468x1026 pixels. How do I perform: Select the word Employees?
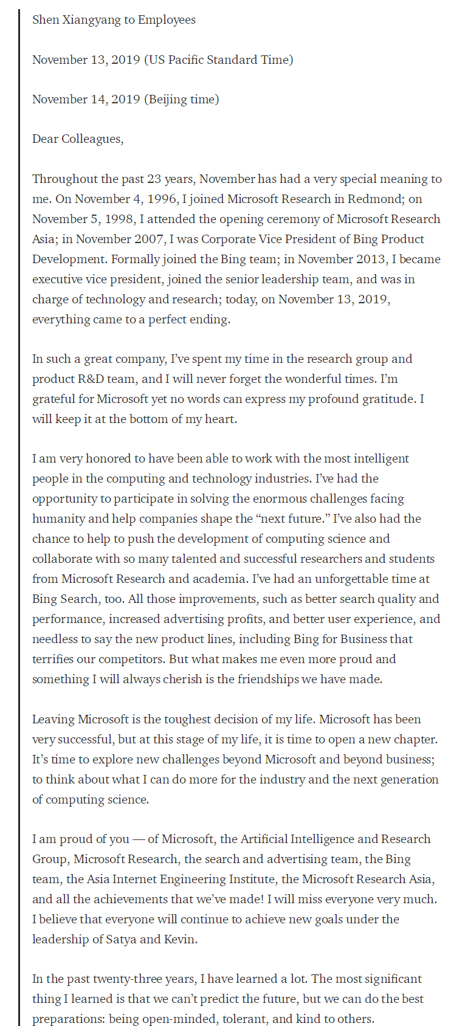click(167, 20)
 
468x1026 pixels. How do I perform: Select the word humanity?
click(57, 518)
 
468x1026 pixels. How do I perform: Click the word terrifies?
click(55, 659)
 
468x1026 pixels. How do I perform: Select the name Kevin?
click(180, 939)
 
